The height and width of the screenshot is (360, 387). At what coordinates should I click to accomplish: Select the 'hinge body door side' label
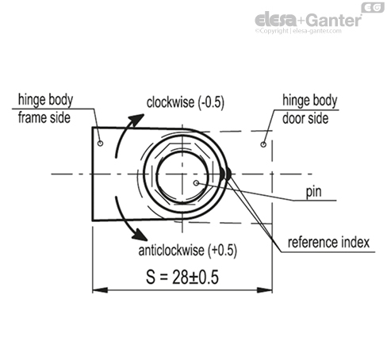[x=309, y=109]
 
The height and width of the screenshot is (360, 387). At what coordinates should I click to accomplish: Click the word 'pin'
[x=312, y=193]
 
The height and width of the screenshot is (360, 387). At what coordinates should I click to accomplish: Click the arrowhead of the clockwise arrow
[x=140, y=117]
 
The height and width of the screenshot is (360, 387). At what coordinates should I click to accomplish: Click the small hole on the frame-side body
[x=100, y=144]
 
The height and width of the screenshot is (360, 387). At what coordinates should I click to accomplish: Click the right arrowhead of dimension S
[x=266, y=290]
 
